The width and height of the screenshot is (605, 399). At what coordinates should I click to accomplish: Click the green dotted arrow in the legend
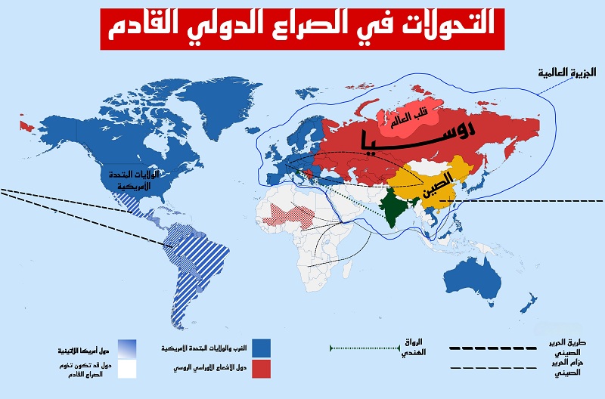point(362,348)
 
